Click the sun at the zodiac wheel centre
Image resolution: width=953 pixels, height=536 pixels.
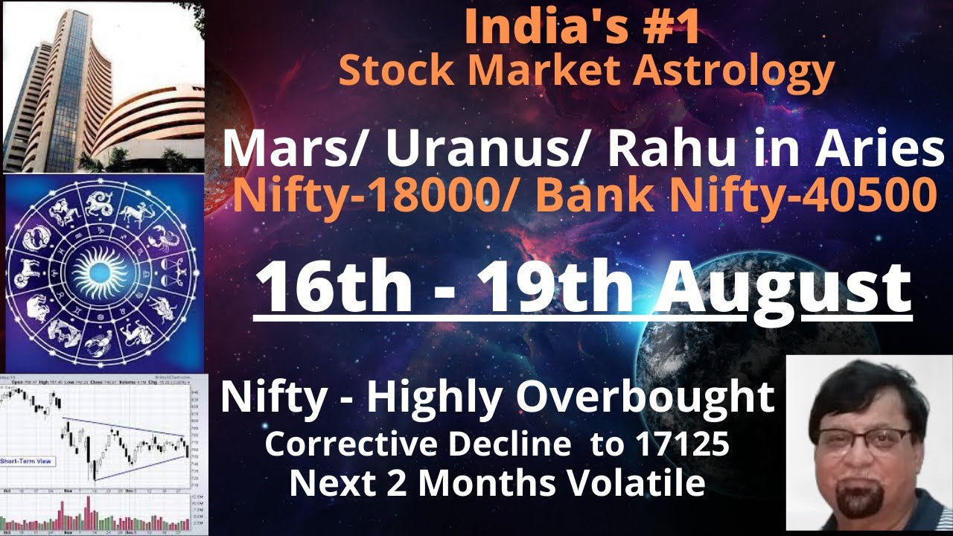pyautogui.click(x=103, y=274)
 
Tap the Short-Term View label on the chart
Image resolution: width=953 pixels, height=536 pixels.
pyautogui.click(x=26, y=462)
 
